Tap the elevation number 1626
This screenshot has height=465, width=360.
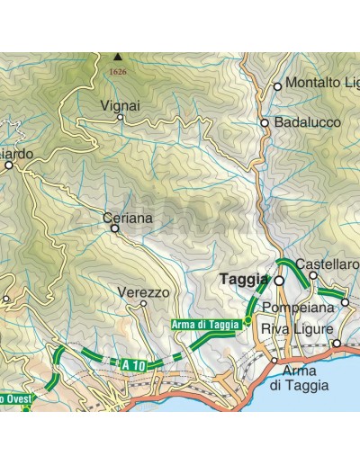[x=117, y=71]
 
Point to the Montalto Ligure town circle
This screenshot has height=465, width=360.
[x=277, y=86]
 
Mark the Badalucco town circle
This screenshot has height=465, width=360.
[x=265, y=123]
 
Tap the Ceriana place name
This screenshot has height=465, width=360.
[x=128, y=218]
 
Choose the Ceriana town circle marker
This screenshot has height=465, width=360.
[x=114, y=228]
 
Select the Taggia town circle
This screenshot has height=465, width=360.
[x=279, y=281]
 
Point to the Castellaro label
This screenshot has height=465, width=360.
[x=328, y=264]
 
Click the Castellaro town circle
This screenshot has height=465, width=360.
[x=313, y=275]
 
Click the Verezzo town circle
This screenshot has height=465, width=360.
[x=143, y=304]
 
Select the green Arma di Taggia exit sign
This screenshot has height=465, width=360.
[x=205, y=324]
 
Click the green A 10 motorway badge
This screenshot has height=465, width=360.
[x=132, y=363]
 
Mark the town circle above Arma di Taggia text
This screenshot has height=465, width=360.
[x=274, y=360]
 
